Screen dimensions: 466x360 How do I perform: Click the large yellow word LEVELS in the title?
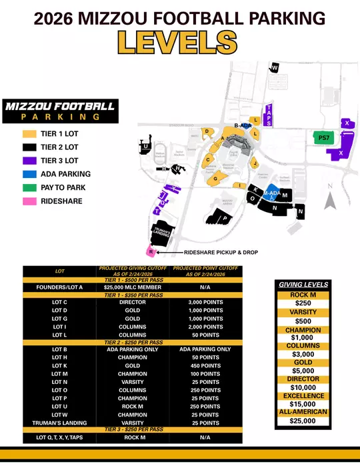pyautogui.click(x=178, y=42)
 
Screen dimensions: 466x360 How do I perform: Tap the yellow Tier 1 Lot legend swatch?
pyautogui.click(x=29, y=134)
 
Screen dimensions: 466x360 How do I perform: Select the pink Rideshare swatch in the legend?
pyautogui.click(x=29, y=200)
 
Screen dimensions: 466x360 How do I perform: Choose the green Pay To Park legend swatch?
pyautogui.click(x=29, y=187)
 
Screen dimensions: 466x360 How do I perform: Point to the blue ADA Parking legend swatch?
pyautogui.click(x=29, y=174)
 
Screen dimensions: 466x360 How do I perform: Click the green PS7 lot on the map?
pyautogui.click(x=323, y=138)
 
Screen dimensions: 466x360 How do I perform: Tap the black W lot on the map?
pyautogui.click(x=274, y=67)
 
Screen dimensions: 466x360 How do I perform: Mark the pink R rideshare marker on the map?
pyautogui.click(x=151, y=252)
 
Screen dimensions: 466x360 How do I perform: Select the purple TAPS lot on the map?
pyautogui.click(x=268, y=115)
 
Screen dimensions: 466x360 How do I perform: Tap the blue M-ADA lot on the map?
pyautogui.click(x=271, y=192)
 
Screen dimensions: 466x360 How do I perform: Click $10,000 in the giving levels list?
pyautogui.click(x=303, y=387)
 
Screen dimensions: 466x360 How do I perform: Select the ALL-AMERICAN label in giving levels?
pyautogui.click(x=303, y=412)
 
